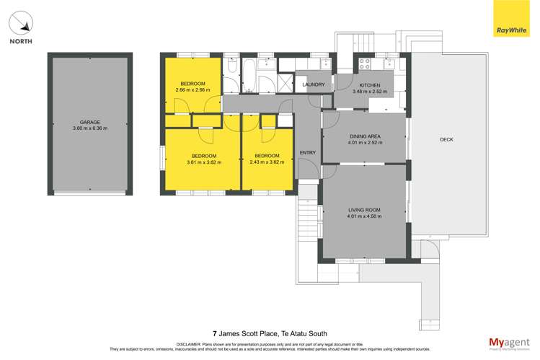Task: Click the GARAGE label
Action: pyautogui.click(x=89, y=122)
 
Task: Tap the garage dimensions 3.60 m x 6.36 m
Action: pyautogui.click(x=89, y=128)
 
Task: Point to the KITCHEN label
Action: pyautogui.click(x=370, y=85)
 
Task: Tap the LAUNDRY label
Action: pyautogui.click(x=314, y=85)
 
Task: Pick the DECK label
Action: pyautogui.click(x=446, y=140)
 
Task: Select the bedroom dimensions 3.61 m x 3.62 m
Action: pyautogui.click(x=204, y=162)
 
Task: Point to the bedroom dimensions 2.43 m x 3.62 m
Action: pyautogui.click(x=267, y=162)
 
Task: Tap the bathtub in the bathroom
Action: pyautogui.click(x=247, y=75)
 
